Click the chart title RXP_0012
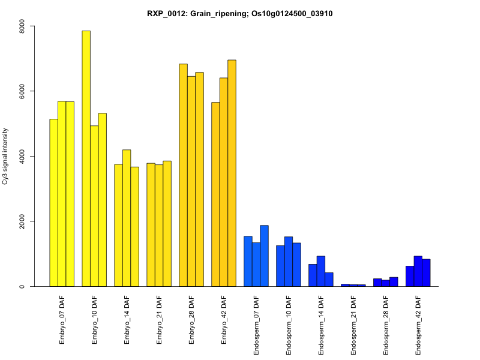240,13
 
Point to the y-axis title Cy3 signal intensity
5,156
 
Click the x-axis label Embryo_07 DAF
62,319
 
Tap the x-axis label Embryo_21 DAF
159,319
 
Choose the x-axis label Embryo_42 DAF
224,319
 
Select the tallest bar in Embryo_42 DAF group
232,173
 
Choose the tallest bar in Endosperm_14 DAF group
321,271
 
